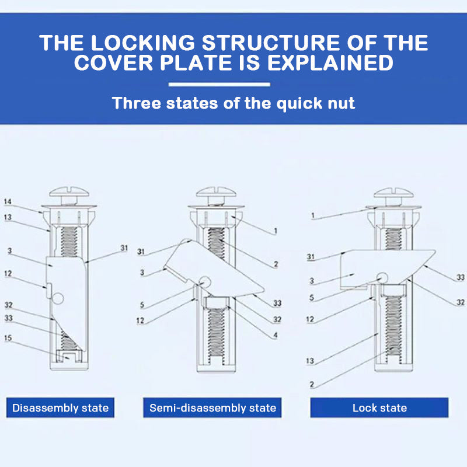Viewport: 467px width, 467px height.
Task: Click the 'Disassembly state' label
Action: coord(61,407)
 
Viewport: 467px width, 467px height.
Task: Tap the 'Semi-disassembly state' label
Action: coord(212,407)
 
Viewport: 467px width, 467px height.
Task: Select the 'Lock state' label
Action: coord(379,407)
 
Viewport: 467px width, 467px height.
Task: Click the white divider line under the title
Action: coord(219,84)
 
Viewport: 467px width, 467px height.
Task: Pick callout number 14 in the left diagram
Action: coord(8,201)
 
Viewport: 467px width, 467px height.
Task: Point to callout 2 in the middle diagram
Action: coord(276,264)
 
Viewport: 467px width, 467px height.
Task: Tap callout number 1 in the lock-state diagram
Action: coord(313,215)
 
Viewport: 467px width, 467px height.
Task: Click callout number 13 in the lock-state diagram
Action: coord(310,361)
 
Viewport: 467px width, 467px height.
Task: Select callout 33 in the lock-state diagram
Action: coord(461,277)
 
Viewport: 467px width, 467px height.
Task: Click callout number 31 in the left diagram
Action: coord(124,248)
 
